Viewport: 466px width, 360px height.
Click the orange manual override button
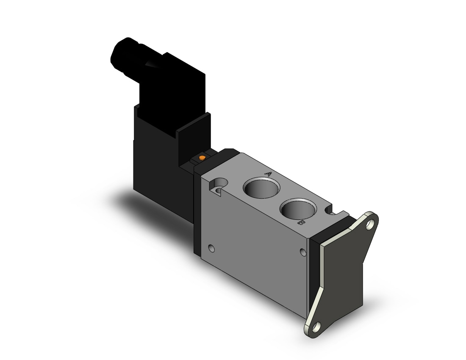(202, 158)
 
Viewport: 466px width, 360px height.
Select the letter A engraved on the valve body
(268, 174)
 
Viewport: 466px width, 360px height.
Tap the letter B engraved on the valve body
(301, 222)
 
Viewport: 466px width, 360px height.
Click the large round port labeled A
(261, 188)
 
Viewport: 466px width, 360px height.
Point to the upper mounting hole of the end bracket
(370, 226)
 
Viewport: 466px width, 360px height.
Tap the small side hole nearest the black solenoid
(211, 248)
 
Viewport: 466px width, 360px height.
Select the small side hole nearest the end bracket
(303, 252)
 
